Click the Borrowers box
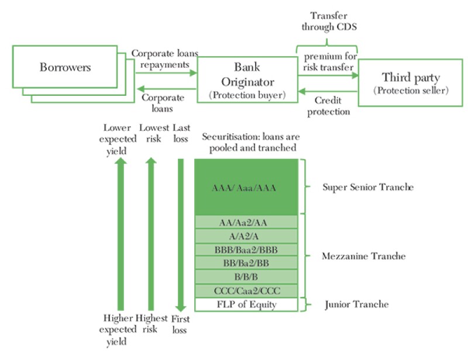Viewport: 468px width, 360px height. coord(66,67)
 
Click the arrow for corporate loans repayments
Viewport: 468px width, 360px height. coord(166,72)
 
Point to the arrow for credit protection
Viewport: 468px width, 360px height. coord(327,91)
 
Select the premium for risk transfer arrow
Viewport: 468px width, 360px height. coord(327,75)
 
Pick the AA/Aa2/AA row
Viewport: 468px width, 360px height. coord(246,223)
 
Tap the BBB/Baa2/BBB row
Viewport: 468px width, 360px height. coord(246,250)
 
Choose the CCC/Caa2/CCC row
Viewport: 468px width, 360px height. coord(246,290)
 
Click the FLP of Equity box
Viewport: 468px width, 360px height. coord(246,304)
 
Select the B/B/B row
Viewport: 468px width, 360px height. coord(246,277)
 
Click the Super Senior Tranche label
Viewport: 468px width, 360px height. coord(368,188)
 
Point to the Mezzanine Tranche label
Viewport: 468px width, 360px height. coord(364,257)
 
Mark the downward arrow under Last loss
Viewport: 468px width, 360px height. coord(181,234)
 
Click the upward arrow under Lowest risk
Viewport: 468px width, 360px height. coord(151,234)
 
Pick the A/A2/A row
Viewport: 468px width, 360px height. coord(246,236)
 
